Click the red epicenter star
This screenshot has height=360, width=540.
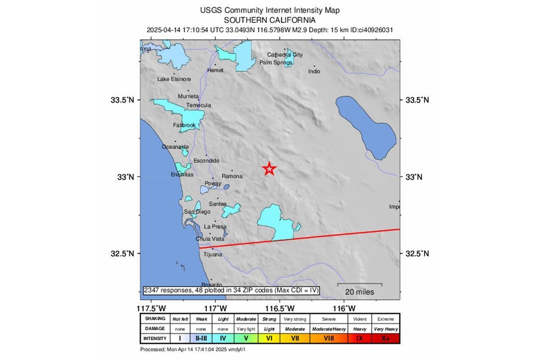point(269,169)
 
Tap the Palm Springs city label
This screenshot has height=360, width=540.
point(275,63)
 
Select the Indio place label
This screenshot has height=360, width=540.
point(314,71)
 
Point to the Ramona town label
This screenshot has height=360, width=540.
point(232,176)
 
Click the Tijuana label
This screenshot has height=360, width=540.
point(213,254)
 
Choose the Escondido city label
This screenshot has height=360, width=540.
point(206,161)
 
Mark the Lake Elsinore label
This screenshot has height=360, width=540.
point(174,79)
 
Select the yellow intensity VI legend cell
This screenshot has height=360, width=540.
point(270,338)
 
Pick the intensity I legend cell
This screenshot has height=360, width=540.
point(180,338)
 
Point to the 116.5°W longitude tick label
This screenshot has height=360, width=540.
point(279,308)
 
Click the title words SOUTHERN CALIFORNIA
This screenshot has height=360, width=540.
point(270,20)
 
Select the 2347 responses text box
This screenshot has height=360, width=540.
point(231,291)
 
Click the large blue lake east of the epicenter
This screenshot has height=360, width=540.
point(366,126)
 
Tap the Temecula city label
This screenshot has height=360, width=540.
point(198,105)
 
